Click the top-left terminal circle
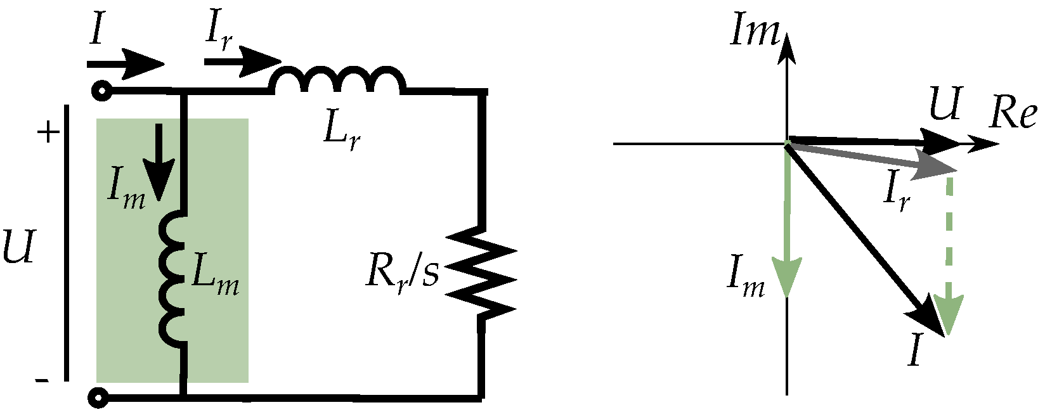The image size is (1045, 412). [100, 91]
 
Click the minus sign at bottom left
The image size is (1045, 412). [41, 380]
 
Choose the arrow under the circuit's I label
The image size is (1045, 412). [126, 64]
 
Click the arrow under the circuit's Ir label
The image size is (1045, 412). [242, 61]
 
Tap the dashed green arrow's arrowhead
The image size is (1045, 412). [949, 314]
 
